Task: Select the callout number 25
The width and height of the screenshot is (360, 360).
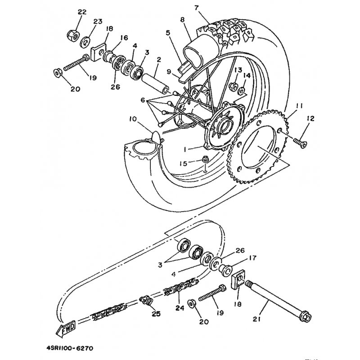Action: coord(156,313)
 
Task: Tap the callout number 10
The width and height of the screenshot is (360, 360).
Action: coord(132,119)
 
